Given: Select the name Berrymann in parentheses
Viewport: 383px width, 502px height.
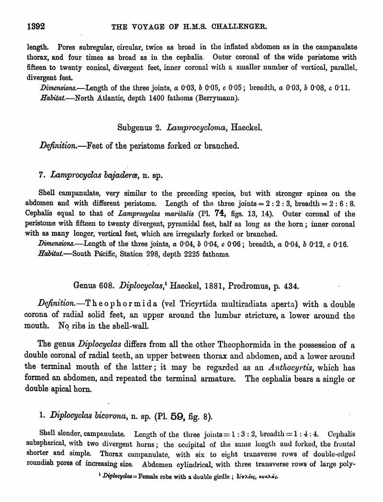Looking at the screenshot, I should point(216,98).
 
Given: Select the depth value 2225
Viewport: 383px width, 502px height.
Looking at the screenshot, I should point(184,254).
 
